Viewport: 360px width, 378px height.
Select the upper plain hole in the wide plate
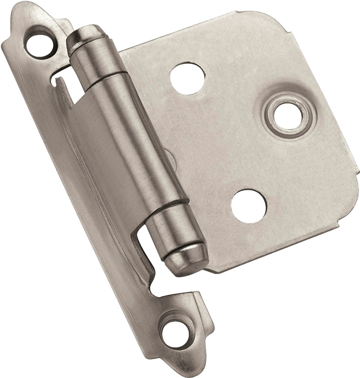tap(188, 74)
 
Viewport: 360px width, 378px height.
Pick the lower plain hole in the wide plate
tap(249, 206)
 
